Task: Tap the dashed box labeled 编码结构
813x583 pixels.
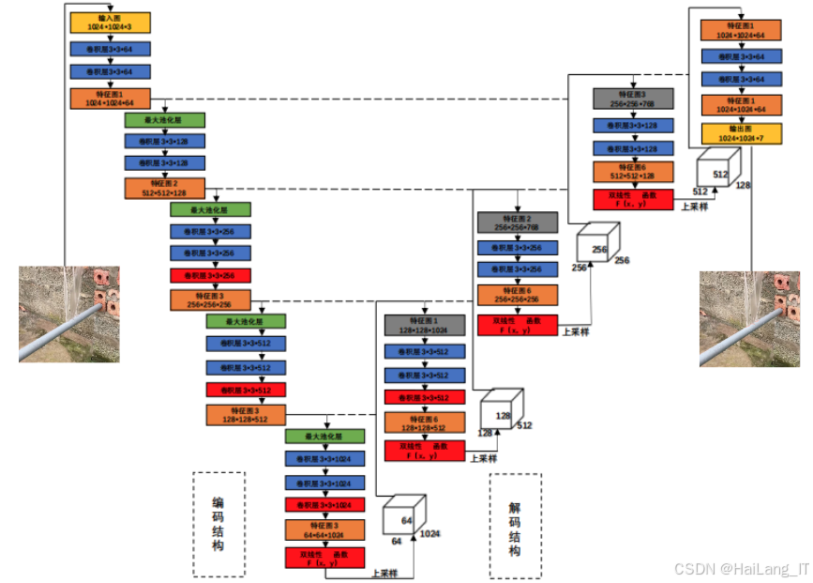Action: point(218,524)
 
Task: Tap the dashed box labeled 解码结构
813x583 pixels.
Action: point(515,526)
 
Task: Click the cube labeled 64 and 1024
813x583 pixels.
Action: point(404,520)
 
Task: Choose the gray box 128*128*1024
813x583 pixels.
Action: point(425,326)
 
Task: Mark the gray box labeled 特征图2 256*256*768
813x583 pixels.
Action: point(517,222)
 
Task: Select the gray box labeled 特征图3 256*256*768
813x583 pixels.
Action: point(633,99)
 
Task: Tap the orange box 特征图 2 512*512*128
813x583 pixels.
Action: point(164,188)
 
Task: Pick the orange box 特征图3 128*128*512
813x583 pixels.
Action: point(246,416)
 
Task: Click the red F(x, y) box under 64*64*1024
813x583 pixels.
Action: point(324,558)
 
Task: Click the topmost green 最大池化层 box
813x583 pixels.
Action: point(164,121)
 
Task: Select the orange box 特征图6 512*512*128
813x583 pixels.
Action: point(633,171)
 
